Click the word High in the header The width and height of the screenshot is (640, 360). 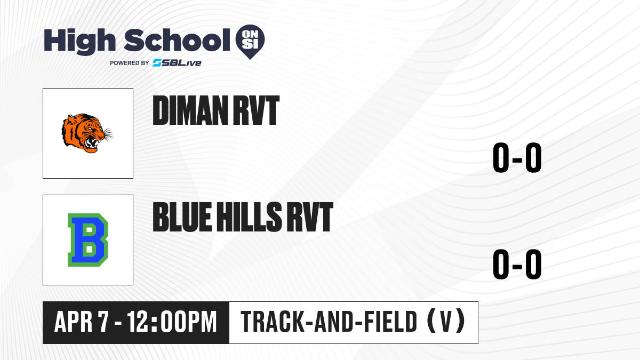pyautogui.click(x=79, y=41)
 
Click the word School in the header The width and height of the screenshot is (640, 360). pyautogui.click(x=177, y=40)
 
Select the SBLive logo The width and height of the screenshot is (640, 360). pyautogui.click(x=177, y=63)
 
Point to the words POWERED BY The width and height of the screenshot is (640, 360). pyautogui.click(x=130, y=63)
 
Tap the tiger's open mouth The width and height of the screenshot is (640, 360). pyautogui.click(x=92, y=143)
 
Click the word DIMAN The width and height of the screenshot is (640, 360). pyautogui.click(x=190, y=110)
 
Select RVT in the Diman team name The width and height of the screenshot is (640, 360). pyautogui.click(x=257, y=110)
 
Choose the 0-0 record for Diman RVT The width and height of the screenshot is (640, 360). pyautogui.click(x=517, y=157)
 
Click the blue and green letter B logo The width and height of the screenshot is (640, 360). pyautogui.click(x=87, y=240)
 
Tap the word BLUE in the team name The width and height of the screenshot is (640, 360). pyautogui.click(x=182, y=217)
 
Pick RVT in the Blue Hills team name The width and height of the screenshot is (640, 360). pyautogui.click(x=310, y=217)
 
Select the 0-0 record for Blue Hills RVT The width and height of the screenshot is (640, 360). pyautogui.click(x=517, y=264)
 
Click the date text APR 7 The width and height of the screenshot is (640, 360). pyautogui.click(x=82, y=322)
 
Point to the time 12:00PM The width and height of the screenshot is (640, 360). pyautogui.click(x=172, y=322)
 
